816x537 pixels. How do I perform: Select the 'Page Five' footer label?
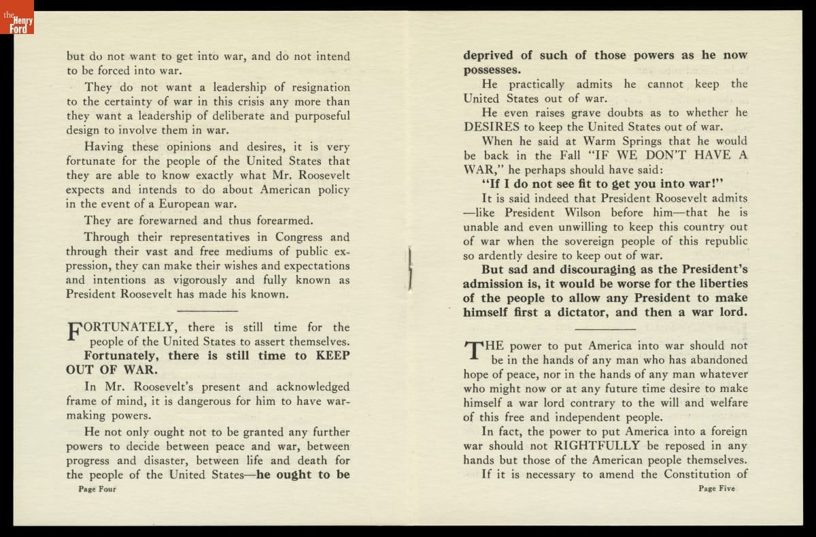coord(717,488)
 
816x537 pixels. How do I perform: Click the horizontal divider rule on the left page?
coord(208,310)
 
